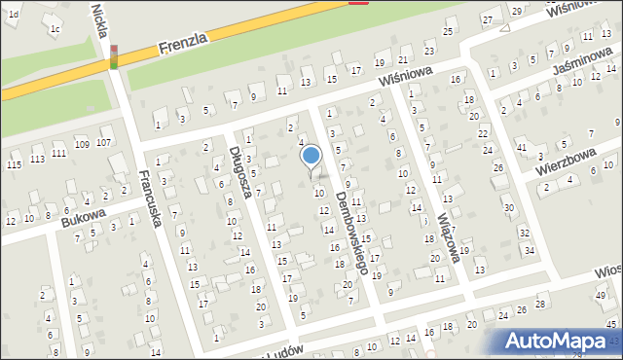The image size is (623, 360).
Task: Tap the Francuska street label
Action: pos(149,200)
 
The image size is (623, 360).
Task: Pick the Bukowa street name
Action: pos(83,215)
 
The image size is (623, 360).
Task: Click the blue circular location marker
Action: pos(311,156)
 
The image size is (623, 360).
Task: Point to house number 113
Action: pos(37,159)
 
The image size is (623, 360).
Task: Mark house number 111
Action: pos(59,153)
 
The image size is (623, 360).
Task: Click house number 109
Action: pos(82,144)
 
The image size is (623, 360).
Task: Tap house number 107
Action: pos(104,143)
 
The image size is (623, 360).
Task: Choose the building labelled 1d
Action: pos(14,14)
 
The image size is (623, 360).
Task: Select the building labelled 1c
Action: pos(55,28)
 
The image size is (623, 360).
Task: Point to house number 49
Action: pos(600,295)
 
